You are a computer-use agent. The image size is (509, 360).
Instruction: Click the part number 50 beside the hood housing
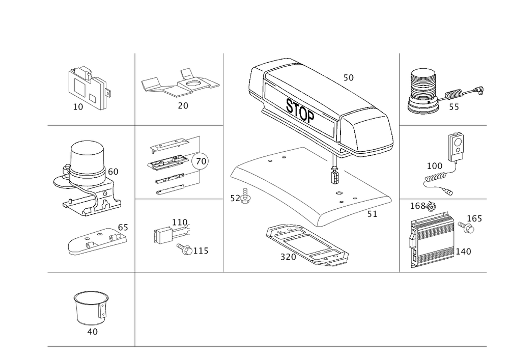click(x=348, y=78)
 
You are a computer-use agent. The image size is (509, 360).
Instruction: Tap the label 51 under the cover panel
click(x=372, y=216)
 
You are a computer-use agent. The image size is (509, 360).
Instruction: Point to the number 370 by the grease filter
click(x=288, y=258)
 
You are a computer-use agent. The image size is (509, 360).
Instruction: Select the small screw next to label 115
click(x=186, y=250)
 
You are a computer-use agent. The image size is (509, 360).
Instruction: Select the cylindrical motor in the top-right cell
click(x=421, y=91)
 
